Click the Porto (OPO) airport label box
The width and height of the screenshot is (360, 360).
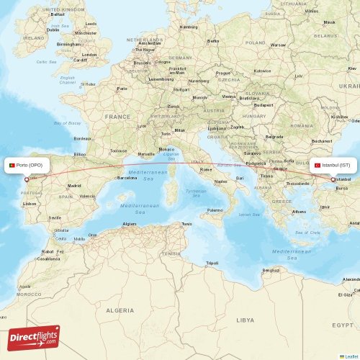click(x=28, y=166)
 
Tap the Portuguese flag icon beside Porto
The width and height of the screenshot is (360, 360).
click(x=12, y=166)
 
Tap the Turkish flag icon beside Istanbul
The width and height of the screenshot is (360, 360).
click(x=318, y=165)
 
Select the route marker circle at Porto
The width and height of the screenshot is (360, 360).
click(x=27, y=179)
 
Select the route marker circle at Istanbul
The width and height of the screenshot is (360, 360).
click(x=333, y=179)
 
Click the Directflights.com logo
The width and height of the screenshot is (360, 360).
click(x=35, y=337)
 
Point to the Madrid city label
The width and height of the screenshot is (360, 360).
click(x=74, y=186)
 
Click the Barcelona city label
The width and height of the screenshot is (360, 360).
click(x=127, y=178)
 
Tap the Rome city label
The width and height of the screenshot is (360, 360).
click(x=206, y=169)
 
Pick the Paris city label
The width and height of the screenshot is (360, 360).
click(x=122, y=89)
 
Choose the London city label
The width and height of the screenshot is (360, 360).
click(x=89, y=55)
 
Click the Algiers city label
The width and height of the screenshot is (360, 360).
click(x=130, y=224)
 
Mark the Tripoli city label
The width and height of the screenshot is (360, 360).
click(x=212, y=263)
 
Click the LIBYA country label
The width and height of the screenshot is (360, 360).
click(x=246, y=319)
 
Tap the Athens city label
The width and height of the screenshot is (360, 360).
click(x=299, y=212)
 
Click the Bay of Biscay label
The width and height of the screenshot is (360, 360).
click(x=67, y=123)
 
